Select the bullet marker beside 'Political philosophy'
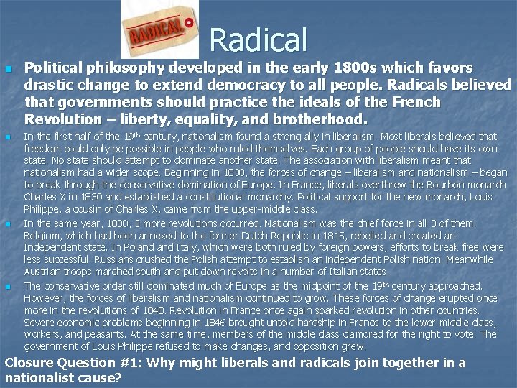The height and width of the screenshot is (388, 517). pyautogui.click(x=8, y=70)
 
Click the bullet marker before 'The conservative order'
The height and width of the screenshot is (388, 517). pyautogui.click(x=8, y=286)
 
